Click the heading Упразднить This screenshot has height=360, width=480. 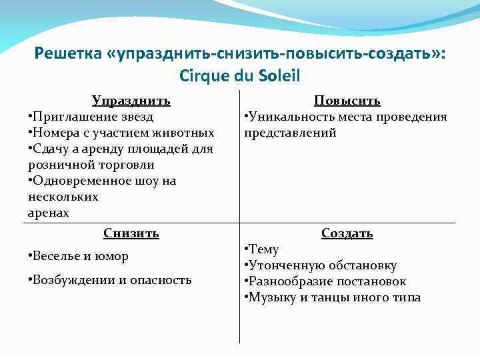coord(131,101)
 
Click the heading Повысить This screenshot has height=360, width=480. coord(347,101)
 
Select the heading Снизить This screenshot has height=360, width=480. coord(131,233)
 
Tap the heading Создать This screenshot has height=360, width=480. coord(347,233)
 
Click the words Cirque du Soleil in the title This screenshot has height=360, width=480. coord(240,75)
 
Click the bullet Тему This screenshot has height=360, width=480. coord(264,249)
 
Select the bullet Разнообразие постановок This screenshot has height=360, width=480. coord(327,281)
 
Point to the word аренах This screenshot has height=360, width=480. coord(48,213)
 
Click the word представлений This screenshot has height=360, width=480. coord(290,133)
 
